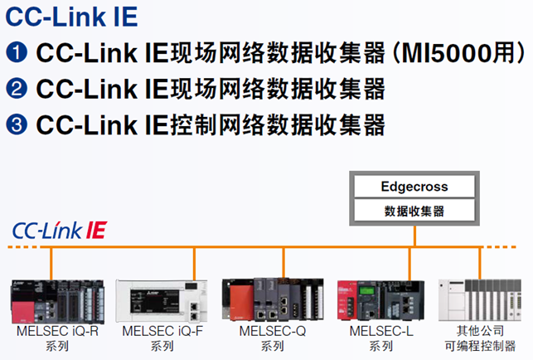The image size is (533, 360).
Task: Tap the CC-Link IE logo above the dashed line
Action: click(59, 230)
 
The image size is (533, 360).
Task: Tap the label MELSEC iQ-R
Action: click(57, 331)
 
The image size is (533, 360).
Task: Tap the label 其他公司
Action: click(480, 330)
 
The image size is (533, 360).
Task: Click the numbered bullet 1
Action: click(17, 53)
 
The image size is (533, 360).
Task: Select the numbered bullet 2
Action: click(17, 89)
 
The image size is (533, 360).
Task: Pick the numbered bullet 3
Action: click(17, 124)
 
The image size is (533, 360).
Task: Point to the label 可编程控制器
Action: click(480, 345)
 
